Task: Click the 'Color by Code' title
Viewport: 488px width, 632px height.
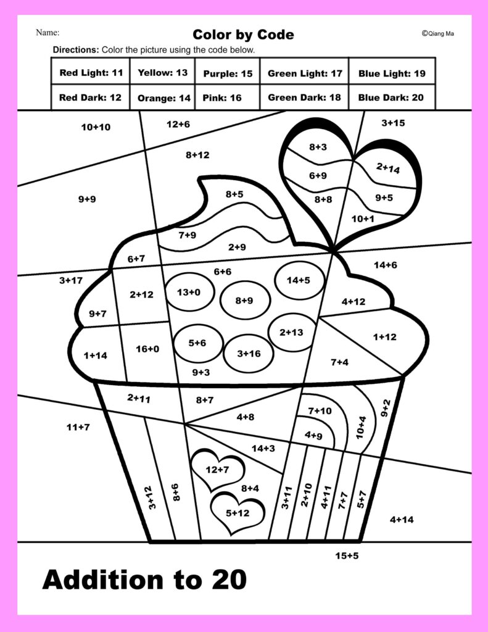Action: pyautogui.click(x=243, y=34)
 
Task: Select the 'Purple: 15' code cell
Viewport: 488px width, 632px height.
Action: pyautogui.click(x=228, y=73)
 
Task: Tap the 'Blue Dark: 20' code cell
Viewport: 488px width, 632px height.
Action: pyautogui.click(x=391, y=98)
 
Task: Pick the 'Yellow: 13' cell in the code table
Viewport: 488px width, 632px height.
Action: pyautogui.click(x=162, y=73)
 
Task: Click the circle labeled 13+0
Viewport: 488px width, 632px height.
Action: pyautogui.click(x=188, y=293)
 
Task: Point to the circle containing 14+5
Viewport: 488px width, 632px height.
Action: pyautogui.click(x=299, y=280)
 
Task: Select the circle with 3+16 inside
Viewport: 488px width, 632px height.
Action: pyautogui.click(x=249, y=354)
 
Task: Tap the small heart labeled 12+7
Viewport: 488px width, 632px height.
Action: pyautogui.click(x=217, y=470)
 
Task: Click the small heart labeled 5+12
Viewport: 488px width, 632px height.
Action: pyautogui.click(x=237, y=513)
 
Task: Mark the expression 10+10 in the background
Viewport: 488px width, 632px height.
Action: pyautogui.click(x=96, y=127)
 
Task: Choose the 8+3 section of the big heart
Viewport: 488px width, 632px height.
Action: pyautogui.click(x=318, y=147)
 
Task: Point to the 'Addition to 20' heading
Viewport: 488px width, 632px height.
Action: pyautogui.click(x=144, y=580)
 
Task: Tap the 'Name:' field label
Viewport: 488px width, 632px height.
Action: pyautogui.click(x=48, y=32)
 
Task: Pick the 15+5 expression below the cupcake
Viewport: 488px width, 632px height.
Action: pyautogui.click(x=347, y=555)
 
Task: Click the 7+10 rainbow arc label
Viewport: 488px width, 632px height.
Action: pyautogui.click(x=319, y=410)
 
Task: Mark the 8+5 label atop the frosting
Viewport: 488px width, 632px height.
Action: pyautogui.click(x=234, y=194)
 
